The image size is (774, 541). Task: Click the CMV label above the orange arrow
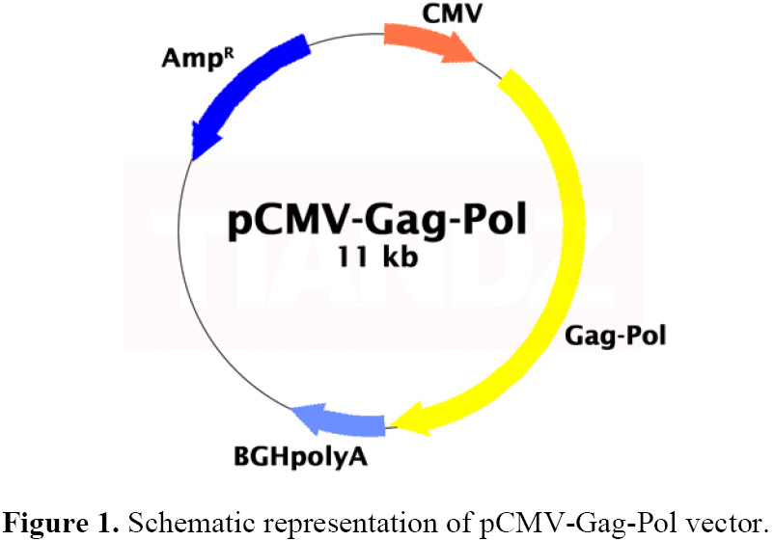coord(452,14)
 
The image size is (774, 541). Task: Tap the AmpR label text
coord(198,58)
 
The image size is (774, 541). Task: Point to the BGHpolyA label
coord(300,457)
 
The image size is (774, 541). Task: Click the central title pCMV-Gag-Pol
coord(377,221)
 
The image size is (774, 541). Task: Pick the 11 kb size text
coord(377,257)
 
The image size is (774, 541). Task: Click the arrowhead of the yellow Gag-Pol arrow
coord(410,419)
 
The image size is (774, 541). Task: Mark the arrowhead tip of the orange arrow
coord(477,62)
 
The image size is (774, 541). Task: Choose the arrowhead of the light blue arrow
coord(307,414)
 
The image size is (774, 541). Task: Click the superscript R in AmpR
coord(229,52)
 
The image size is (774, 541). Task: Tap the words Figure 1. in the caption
coord(61,523)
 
